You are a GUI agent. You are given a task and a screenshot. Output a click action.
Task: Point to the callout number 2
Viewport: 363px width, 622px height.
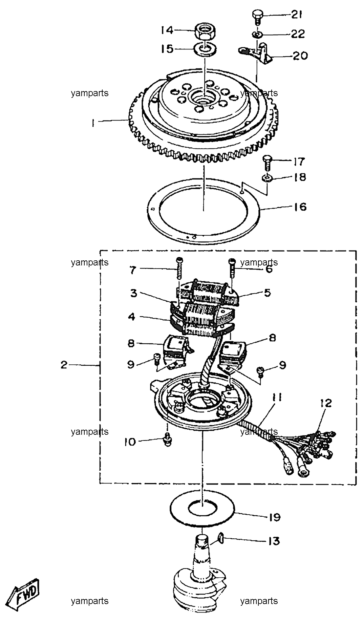[x=64, y=365]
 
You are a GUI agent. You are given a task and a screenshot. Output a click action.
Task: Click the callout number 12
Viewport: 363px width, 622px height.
[x=325, y=403]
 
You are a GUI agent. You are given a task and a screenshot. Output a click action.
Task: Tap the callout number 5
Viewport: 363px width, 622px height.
[x=268, y=292]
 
